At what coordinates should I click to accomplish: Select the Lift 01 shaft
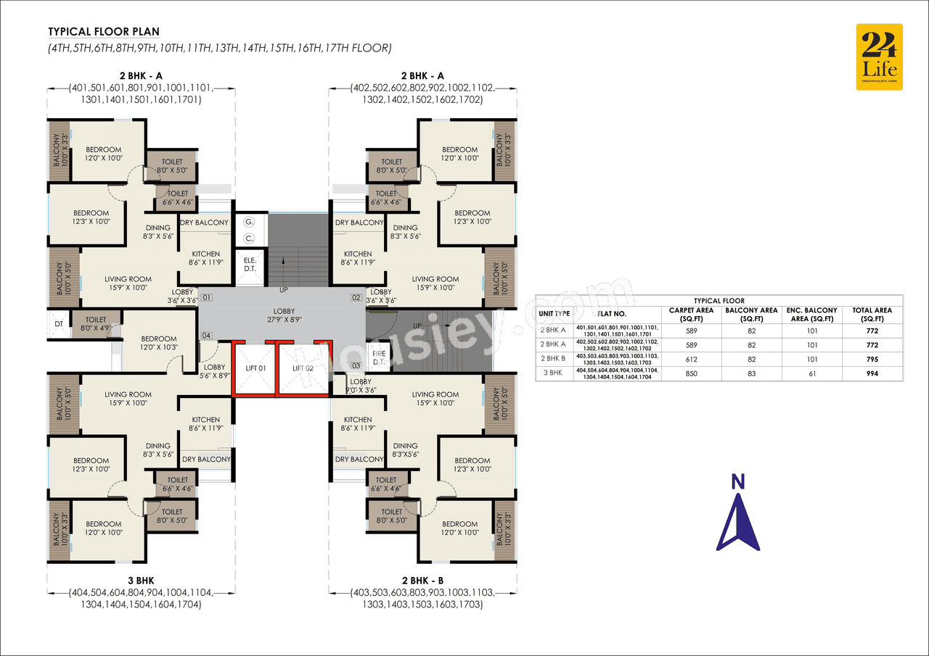(x=254, y=369)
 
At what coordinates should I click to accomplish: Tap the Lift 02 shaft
(x=303, y=369)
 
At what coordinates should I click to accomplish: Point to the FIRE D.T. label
(x=379, y=357)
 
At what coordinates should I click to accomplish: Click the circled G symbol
(x=249, y=221)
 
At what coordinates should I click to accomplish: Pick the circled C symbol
(x=249, y=238)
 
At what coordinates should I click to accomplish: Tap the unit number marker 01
(x=207, y=298)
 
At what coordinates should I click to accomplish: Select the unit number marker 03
(x=356, y=365)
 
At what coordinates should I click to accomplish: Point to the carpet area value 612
(x=689, y=359)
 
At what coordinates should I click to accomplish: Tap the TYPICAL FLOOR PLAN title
(x=104, y=32)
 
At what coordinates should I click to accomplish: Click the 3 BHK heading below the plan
(x=140, y=581)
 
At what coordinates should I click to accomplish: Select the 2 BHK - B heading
(x=422, y=581)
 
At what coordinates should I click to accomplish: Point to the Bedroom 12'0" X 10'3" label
(x=158, y=343)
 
